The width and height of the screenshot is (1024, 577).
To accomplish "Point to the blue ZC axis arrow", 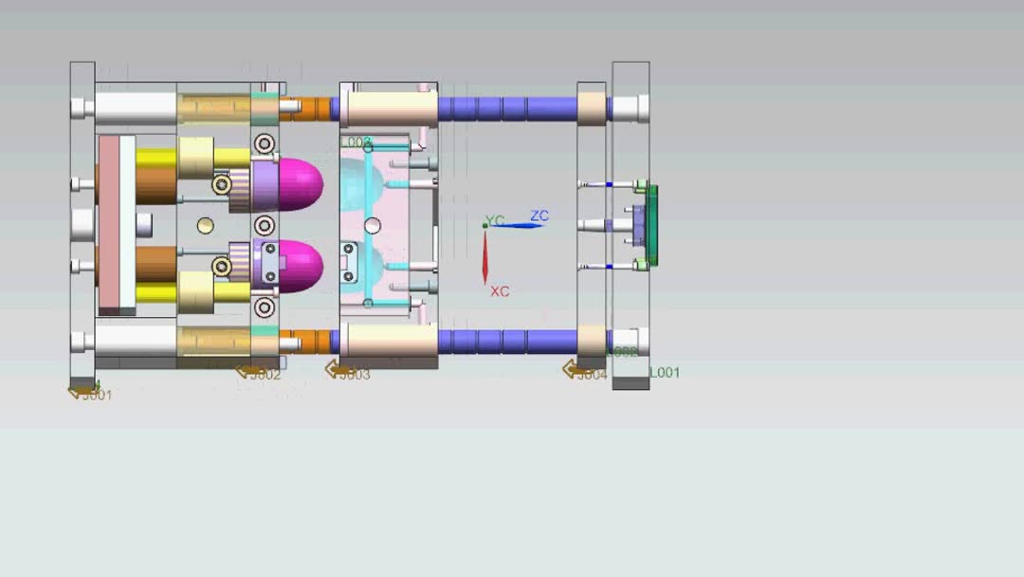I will (517, 225).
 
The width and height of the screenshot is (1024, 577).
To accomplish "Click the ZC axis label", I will (539, 216).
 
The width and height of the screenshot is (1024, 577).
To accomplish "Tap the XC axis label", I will (500, 291).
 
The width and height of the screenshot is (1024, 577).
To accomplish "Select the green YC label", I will (495, 220).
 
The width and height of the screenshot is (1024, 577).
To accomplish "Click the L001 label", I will (665, 373).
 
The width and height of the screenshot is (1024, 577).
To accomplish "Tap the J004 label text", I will (592, 375).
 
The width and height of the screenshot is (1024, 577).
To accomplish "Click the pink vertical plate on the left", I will (116, 224).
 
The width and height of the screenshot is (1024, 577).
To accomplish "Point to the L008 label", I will (356, 142).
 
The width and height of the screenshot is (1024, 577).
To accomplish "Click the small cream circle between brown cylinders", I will (206, 225).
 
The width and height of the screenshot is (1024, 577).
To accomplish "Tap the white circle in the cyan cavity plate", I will (373, 225).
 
